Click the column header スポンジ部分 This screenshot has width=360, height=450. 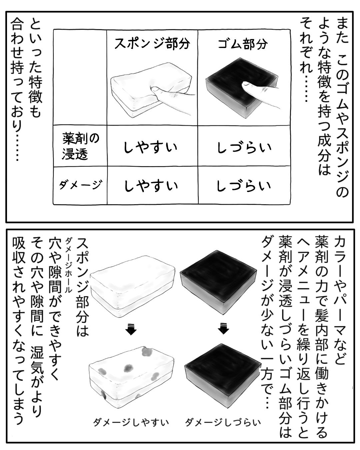152,44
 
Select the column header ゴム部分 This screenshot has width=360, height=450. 243,44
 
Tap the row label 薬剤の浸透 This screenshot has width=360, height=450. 81,147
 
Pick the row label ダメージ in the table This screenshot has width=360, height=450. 81,184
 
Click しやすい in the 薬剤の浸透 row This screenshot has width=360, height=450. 151,147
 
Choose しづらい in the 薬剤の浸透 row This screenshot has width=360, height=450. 244,148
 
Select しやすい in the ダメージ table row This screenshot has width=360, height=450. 151,186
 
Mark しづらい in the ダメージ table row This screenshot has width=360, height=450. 244,186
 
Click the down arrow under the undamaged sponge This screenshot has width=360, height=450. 131,330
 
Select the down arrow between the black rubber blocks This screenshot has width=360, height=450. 223,329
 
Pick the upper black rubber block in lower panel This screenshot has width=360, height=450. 218,282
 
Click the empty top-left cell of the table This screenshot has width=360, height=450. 80,77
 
